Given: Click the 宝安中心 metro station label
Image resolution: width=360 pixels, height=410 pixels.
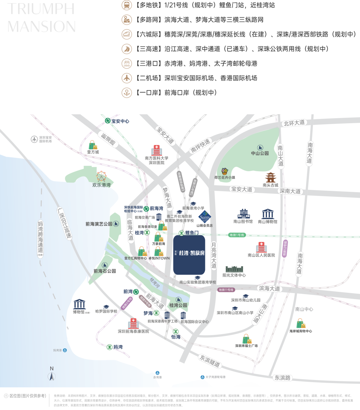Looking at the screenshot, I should [117, 121].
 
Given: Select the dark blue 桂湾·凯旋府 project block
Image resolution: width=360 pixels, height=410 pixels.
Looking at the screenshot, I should [189, 254].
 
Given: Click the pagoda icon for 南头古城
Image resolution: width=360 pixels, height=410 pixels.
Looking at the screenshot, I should [270, 178].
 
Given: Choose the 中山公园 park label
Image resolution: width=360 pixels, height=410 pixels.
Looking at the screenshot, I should [260, 153].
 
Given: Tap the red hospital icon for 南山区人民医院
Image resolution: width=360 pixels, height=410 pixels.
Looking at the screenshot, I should [261, 247].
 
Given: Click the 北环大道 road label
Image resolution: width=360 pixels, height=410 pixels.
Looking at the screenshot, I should [294, 123].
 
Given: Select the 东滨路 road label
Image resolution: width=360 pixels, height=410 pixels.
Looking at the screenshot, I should [282, 378].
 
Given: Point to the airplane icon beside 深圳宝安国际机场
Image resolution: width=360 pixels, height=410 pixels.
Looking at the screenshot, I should [34, 139].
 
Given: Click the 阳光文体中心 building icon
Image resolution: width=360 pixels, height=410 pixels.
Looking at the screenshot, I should [234, 269].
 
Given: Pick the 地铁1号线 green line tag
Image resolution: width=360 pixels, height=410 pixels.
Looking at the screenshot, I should [237, 235].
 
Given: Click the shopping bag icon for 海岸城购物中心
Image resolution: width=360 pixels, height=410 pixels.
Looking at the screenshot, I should [301, 323].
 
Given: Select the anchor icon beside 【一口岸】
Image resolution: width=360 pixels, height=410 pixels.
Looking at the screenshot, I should [127, 93].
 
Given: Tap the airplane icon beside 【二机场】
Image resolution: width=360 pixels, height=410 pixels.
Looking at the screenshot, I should [127, 78].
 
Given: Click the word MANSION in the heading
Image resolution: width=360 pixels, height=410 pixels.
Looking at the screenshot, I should [41, 27].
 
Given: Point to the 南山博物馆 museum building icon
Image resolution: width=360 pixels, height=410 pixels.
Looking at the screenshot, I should [268, 214].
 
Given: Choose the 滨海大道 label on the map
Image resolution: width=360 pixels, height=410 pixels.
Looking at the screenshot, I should [269, 288].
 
